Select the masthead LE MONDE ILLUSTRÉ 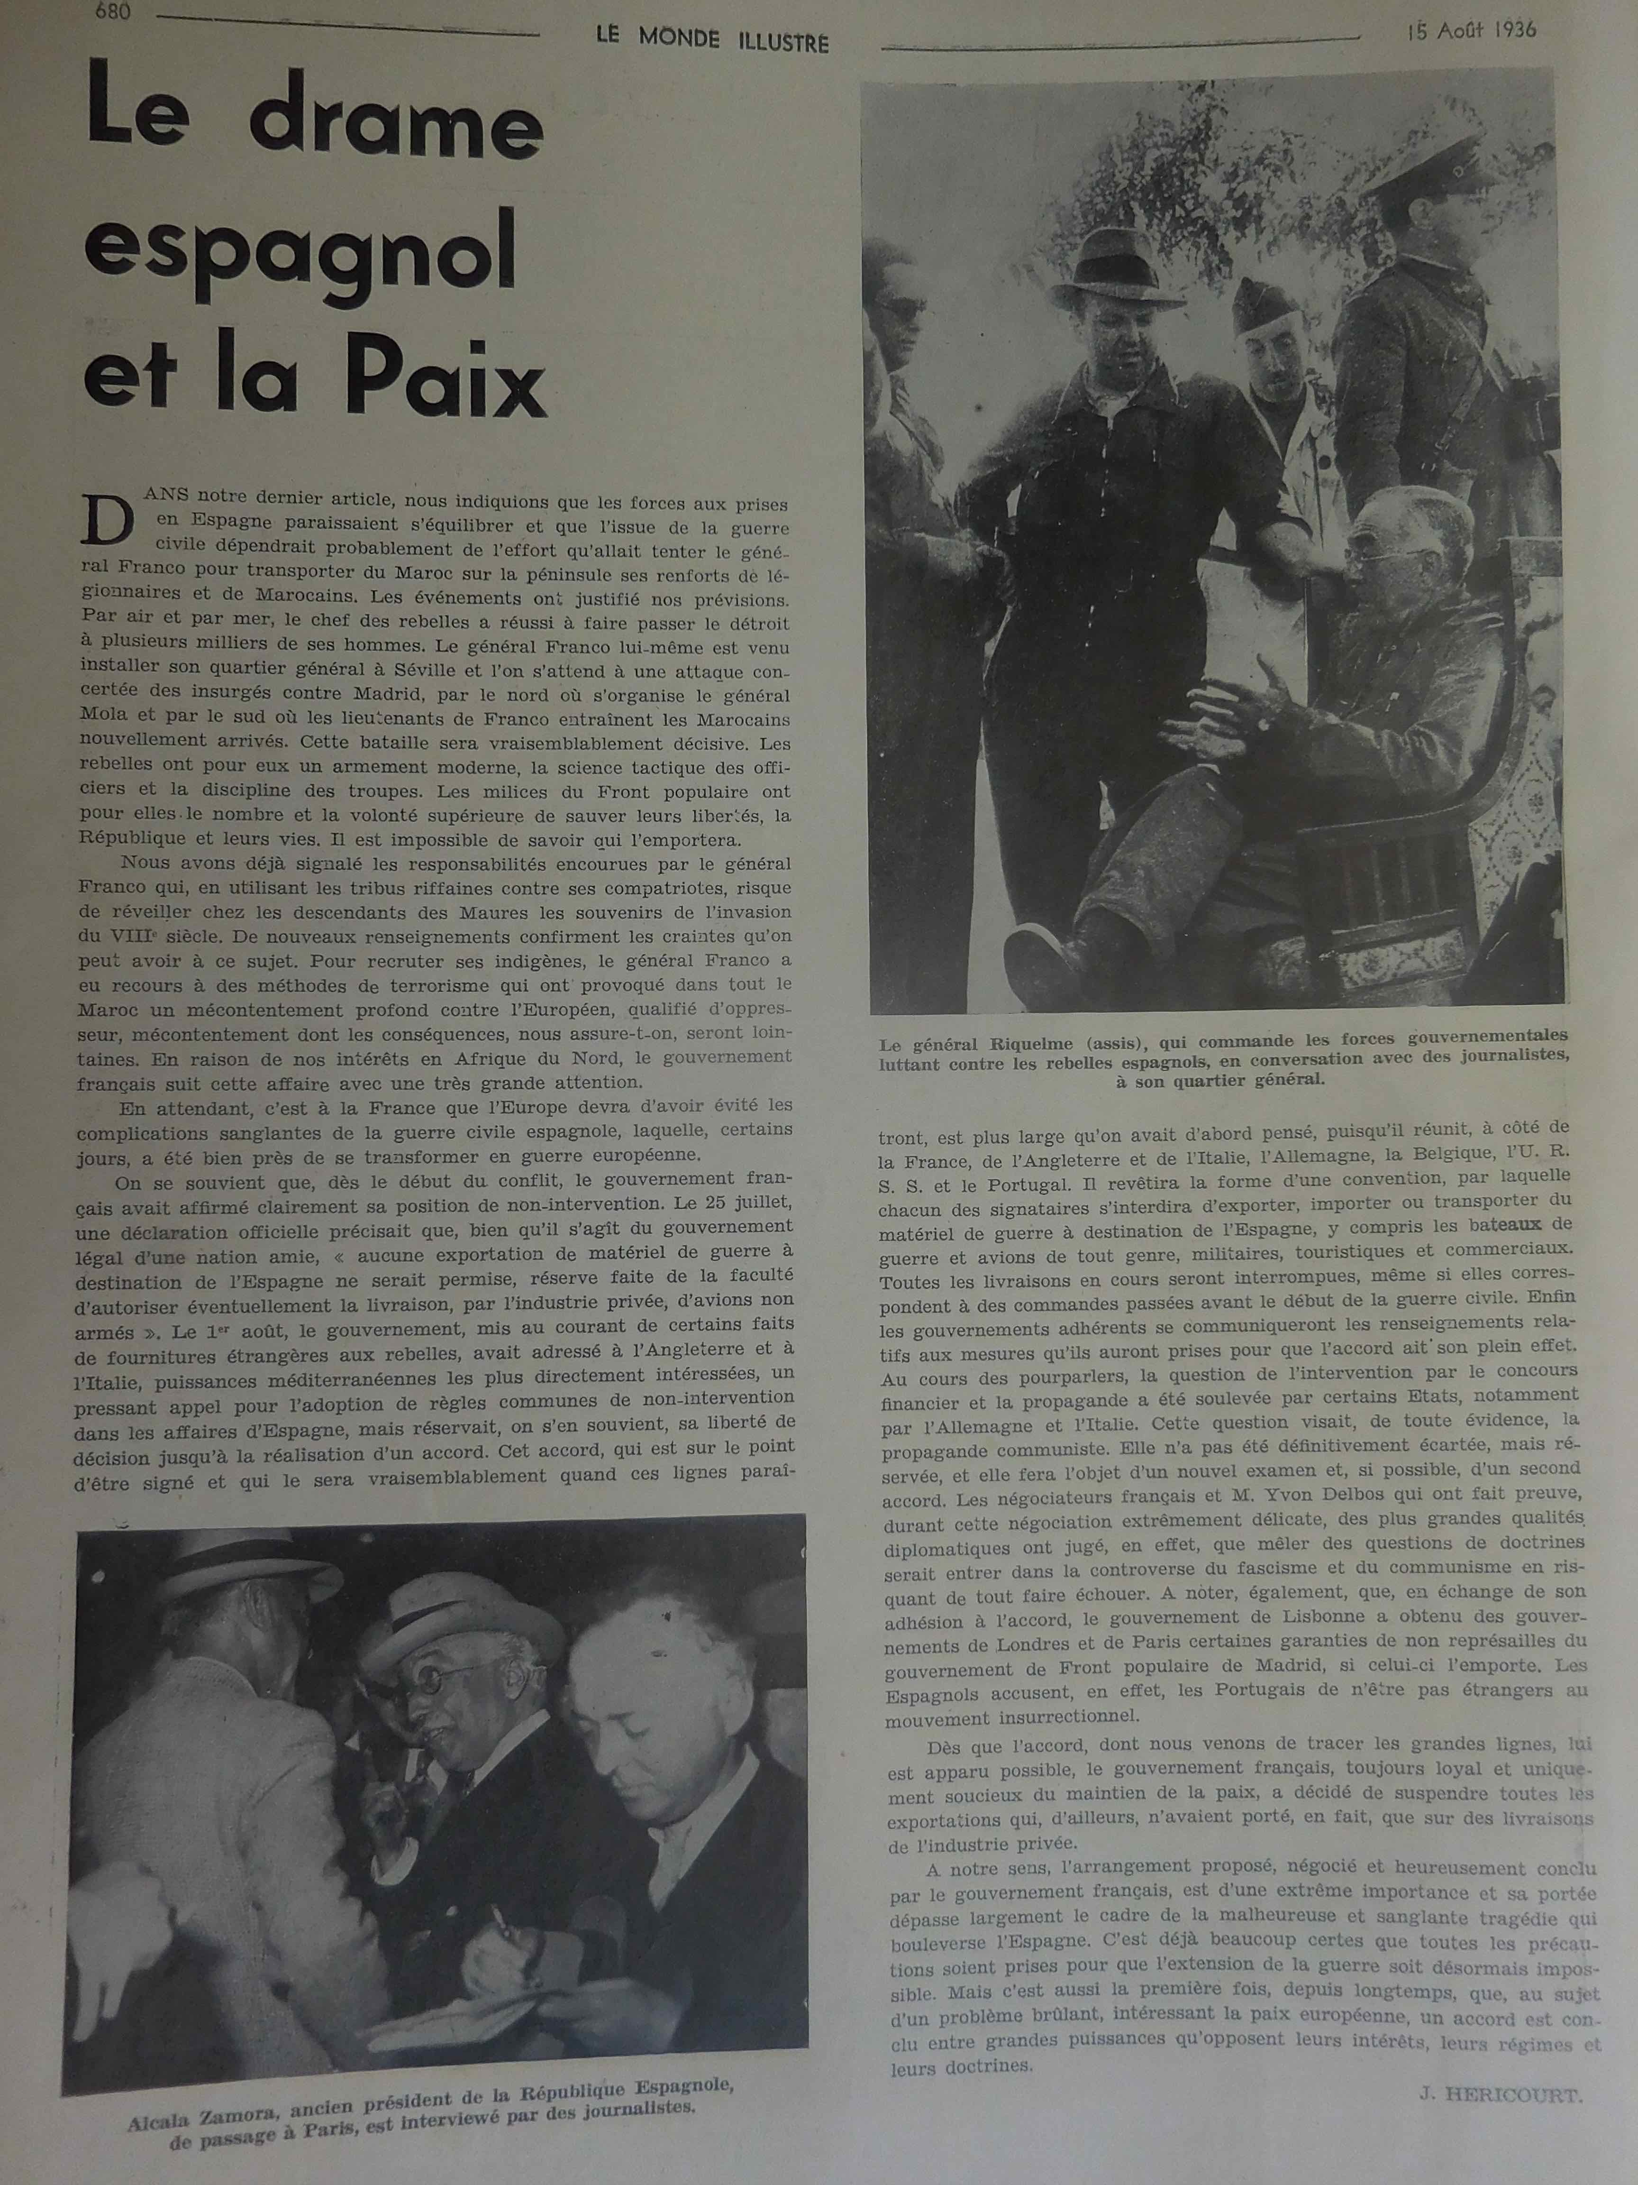(x=711, y=41)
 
